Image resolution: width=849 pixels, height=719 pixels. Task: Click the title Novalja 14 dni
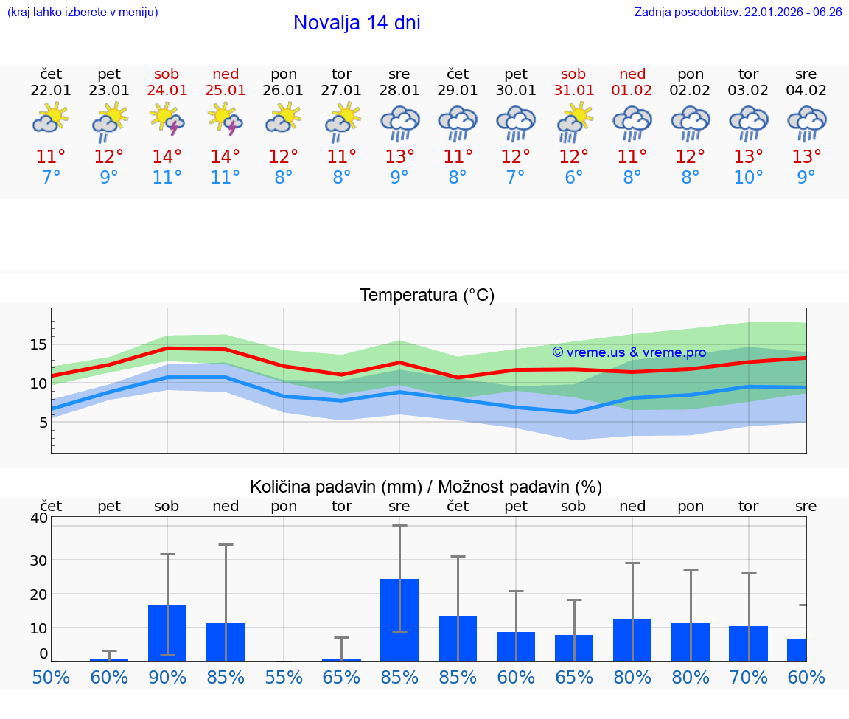pos(357,23)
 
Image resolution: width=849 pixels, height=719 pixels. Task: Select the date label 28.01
pos(399,91)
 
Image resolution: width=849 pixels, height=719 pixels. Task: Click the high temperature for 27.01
pos(341,157)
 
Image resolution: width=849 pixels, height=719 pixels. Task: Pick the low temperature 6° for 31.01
pos(573,178)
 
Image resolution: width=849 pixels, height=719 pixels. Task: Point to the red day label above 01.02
pos(632,74)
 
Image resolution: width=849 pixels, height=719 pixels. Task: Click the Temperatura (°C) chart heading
pos(427,296)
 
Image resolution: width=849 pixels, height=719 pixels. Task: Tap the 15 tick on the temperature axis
pos(39,344)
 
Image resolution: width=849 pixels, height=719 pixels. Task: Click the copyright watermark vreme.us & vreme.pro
pos(629,352)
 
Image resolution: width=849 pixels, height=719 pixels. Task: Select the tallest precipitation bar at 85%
pos(399,619)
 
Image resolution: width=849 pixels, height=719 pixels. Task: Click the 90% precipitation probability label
pos(167,678)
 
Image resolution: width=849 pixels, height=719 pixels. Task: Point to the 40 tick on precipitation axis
pos(39,518)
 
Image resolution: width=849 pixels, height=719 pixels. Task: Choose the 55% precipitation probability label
pos(284,678)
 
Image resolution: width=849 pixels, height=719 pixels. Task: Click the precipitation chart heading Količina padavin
pos(426,487)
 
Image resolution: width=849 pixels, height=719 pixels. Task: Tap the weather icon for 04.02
pos(806,123)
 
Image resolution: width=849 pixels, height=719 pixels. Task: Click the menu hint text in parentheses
pos(83,13)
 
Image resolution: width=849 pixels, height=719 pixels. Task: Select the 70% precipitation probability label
pos(748,678)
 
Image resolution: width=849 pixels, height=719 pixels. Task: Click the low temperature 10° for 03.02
pos(748,178)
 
